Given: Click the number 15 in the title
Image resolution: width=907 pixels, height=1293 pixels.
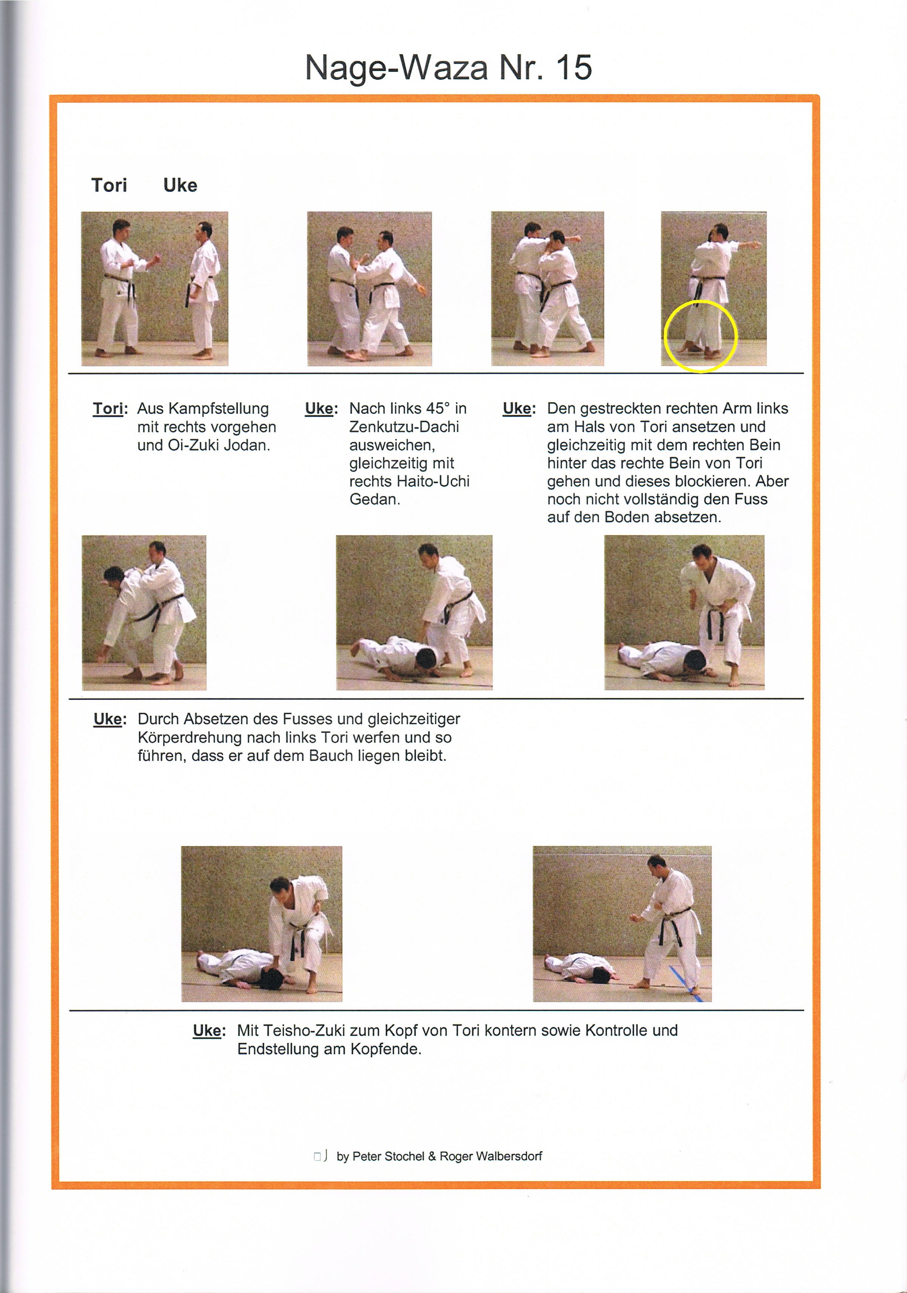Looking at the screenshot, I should coord(573,68).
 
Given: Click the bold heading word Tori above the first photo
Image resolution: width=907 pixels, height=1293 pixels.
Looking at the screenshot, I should coord(109,185).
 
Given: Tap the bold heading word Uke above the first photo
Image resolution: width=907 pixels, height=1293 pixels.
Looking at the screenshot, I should coord(180,185).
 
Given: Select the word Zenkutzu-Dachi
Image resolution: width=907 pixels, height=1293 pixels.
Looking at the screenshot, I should coord(404,427).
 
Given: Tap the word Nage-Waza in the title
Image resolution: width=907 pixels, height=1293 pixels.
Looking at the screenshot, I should coord(396,68).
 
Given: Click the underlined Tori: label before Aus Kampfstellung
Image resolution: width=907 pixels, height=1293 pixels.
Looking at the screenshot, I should coord(110,408).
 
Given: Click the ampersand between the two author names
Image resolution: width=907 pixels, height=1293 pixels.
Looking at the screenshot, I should coord(431,1156).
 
